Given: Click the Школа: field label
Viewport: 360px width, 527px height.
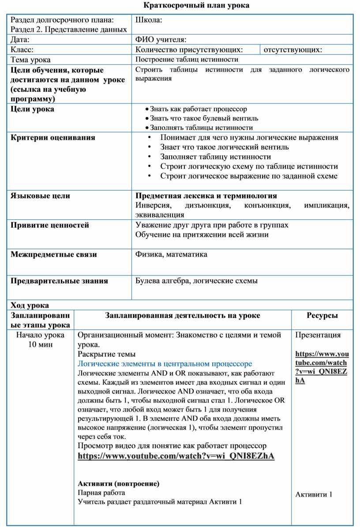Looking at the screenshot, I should (149, 20).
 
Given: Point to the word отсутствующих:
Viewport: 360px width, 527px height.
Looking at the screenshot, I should (292, 50).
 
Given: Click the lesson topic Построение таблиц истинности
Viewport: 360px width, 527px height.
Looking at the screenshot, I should (187, 60).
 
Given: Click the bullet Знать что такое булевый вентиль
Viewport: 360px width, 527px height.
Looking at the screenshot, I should (204, 118).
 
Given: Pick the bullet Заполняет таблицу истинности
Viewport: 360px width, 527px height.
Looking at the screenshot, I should (215, 157).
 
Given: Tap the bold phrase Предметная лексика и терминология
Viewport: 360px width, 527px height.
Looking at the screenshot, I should (206, 196).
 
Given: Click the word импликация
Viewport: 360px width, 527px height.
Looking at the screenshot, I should (326, 206).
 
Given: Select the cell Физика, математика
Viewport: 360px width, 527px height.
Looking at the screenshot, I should (171, 255).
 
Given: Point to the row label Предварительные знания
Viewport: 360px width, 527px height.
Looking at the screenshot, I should (59, 281).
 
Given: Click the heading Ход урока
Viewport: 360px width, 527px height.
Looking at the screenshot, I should (30, 305).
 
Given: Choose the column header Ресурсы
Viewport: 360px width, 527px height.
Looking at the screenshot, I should (322, 316).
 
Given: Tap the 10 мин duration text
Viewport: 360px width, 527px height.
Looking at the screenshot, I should (40, 345).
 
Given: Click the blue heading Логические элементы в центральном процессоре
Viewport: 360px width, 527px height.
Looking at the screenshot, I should (165, 364).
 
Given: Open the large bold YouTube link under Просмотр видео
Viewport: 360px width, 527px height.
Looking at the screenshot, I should (176, 456).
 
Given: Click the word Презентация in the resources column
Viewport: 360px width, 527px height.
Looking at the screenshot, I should (318, 335).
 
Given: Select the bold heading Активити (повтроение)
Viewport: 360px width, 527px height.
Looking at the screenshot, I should (118, 484).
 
